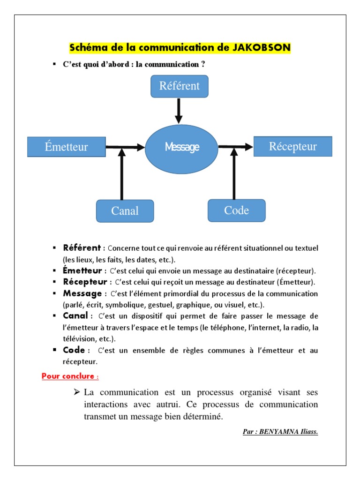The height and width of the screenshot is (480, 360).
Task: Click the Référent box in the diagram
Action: pyautogui.click(x=179, y=86)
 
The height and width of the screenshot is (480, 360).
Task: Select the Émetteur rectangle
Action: pyautogui.click(x=66, y=147)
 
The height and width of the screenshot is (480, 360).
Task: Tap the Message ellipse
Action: pyautogui.click(x=182, y=147)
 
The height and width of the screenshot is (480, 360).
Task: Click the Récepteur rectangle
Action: pyautogui.click(x=292, y=146)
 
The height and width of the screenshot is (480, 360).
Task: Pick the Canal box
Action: pyautogui.click(x=125, y=211)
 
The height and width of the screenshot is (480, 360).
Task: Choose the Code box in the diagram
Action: pyautogui.click(x=236, y=210)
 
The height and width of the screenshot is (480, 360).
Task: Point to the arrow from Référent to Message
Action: pyautogui.click(x=179, y=111)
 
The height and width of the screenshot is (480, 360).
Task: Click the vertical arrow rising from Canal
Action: pyautogui.click(x=122, y=174)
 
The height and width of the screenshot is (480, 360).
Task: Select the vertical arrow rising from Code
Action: pyautogui.click(x=234, y=173)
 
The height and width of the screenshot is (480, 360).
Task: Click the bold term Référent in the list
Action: pyautogui.click(x=82, y=247)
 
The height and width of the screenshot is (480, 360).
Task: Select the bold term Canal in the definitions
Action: pyautogui.click(x=75, y=315)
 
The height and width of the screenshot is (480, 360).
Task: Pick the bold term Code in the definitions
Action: pyautogui.click(x=74, y=350)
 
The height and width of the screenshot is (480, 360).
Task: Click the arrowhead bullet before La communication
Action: pyautogui.click(x=77, y=392)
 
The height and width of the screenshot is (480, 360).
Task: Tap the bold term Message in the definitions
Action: pyautogui.click(x=82, y=293)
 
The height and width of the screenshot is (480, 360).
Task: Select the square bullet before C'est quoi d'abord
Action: pyautogui.click(x=54, y=64)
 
